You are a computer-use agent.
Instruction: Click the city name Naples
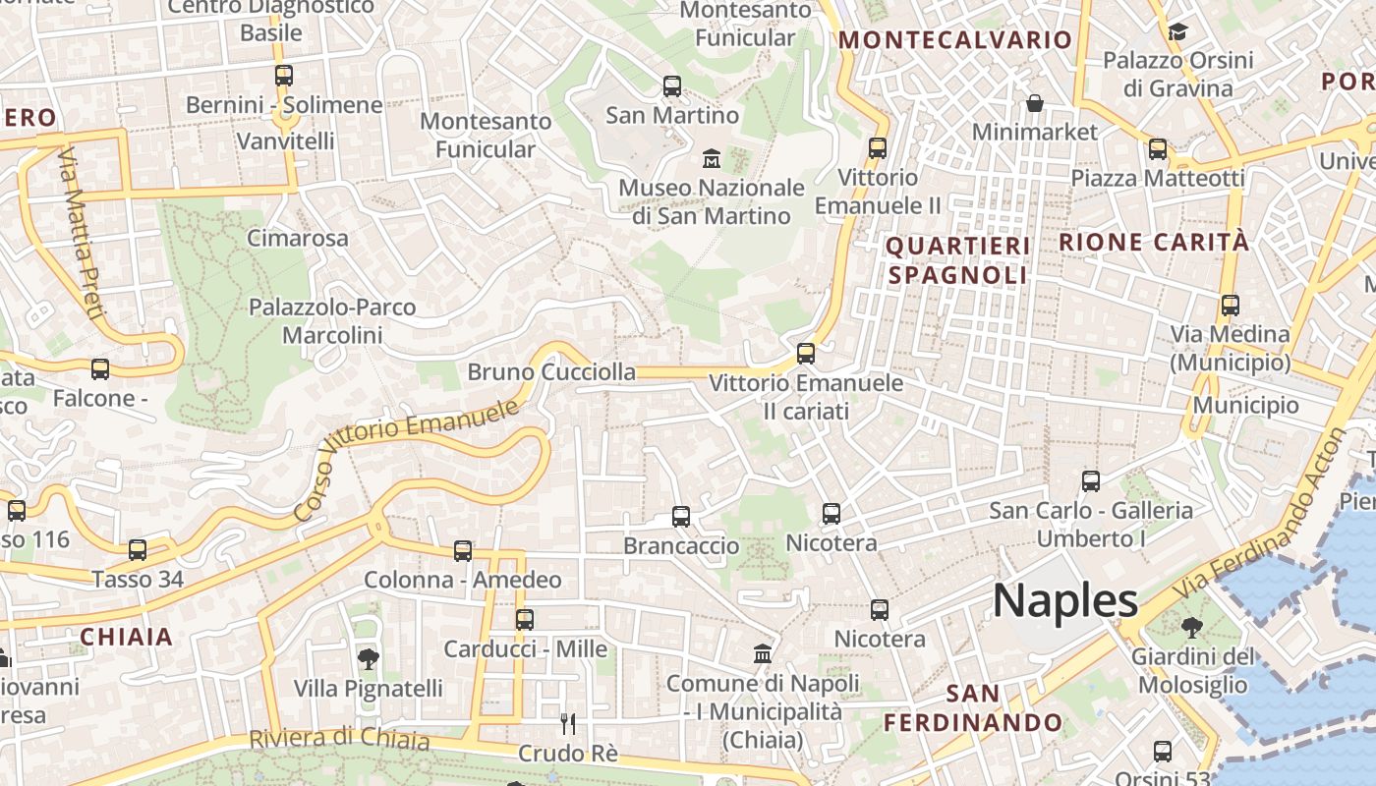pyautogui.click(x=1064, y=600)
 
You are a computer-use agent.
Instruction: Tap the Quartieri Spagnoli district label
pyautogui.click(x=958, y=260)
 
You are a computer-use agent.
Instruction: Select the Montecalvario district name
pyautogui.click(x=954, y=40)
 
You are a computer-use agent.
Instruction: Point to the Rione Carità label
pyautogui.click(x=1154, y=242)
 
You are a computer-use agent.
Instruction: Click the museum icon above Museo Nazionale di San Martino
pyautogui.click(x=712, y=157)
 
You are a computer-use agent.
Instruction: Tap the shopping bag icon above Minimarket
pyautogui.click(x=1034, y=103)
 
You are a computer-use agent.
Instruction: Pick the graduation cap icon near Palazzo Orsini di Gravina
pyautogui.click(x=1177, y=32)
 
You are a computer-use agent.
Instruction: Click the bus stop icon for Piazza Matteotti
pyautogui.click(x=1158, y=149)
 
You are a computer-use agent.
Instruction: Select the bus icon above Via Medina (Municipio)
pyautogui.click(x=1230, y=306)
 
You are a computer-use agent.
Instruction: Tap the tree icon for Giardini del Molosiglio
pyautogui.click(x=1192, y=627)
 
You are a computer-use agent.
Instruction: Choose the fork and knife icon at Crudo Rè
pyautogui.click(x=567, y=724)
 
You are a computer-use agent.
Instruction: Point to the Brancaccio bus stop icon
pyautogui.click(x=680, y=516)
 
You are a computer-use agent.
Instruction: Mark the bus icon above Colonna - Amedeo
pyautogui.click(x=463, y=551)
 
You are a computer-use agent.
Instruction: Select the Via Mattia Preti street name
pyautogui.click(x=81, y=234)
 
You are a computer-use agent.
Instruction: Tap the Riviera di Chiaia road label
pyautogui.click(x=339, y=738)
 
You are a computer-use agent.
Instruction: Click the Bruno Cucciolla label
pyautogui.click(x=551, y=372)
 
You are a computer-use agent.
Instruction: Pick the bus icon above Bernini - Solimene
pyautogui.click(x=284, y=76)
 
